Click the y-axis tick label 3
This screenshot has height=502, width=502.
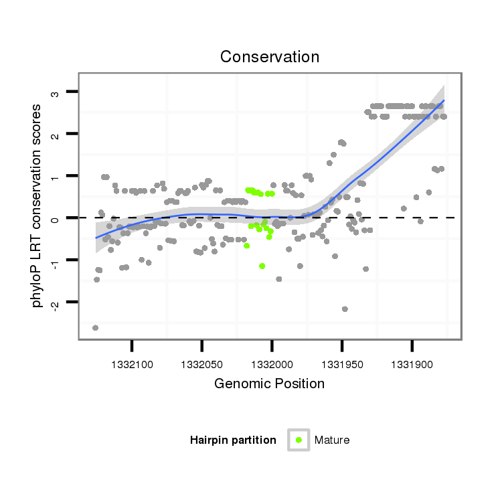click(x=56, y=92)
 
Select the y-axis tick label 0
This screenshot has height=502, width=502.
click(x=56, y=218)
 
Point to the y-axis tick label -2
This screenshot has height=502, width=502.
click(x=56, y=304)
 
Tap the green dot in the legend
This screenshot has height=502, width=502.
click(x=299, y=440)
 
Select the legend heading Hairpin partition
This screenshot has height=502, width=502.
click(x=233, y=440)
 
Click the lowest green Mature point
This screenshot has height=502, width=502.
click(x=262, y=266)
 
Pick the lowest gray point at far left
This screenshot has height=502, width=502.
click(x=95, y=328)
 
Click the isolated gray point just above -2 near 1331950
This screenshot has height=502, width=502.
click(x=345, y=309)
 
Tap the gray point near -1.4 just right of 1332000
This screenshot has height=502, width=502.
click(x=278, y=278)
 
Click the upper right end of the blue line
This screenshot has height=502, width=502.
click(x=444, y=100)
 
